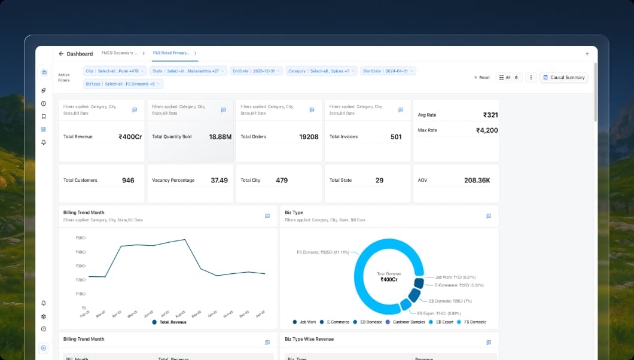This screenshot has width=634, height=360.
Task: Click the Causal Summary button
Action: [x=564, y=77]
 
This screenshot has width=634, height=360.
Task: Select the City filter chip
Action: [x=115, y=71]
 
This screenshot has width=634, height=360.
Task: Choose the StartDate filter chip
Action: [x=388, y=71]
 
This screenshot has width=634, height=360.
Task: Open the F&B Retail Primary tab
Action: [x=171, y=53]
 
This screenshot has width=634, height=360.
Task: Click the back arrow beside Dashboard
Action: [x=61, y=54]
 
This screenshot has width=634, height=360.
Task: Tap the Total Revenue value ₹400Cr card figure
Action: [x=130, y=137]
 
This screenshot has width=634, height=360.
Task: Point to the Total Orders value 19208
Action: [x=309, y=137]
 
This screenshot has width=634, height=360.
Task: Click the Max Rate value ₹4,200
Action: [x=486, y=130]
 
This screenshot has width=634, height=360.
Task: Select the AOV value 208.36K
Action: [x=477, y=180]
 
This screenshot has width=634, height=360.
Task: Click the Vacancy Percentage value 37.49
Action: [x=219, y=180]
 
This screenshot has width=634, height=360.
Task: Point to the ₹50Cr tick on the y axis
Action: [x=80, y=238]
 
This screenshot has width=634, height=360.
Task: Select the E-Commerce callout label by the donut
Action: [x=459, y=285]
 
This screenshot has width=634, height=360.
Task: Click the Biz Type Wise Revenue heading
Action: [x=309, y=339]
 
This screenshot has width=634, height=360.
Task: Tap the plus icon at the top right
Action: [x=587, y=54]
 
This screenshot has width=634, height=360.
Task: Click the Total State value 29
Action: [x=379, y=180]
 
